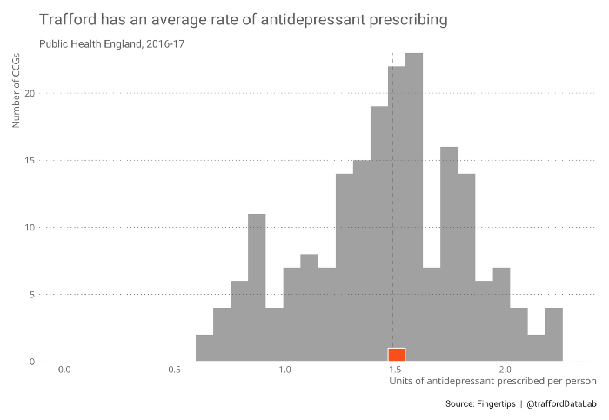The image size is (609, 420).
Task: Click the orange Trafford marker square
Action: pyautogui.click(x=397, y=354)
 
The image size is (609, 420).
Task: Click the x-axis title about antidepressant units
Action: pyautogui.click(x=492, y=381)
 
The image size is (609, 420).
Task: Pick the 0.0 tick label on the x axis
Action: pyautogui.click(x=64, y=370)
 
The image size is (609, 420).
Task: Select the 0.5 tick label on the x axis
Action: pyautogui.click(x=174, y=370)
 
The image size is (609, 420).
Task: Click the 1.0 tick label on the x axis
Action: pyautogui.click(x=284, y=370)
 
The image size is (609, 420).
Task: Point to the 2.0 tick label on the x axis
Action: pyautogui.click(x=505, y=370)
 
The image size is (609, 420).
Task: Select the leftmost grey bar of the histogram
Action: pyautogui.click(x=204, y=348)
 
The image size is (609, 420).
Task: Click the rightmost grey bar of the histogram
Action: pyautogui.click(x=554, y=335)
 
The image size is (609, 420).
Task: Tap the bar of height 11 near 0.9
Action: pyautogui.click(x=257, y=287)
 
